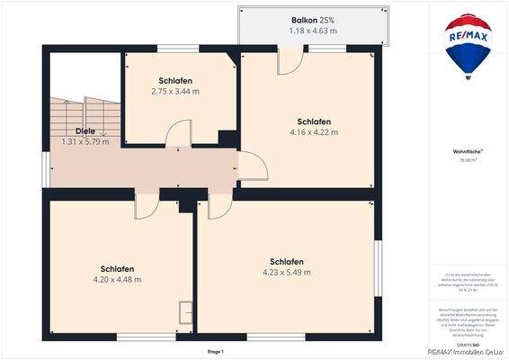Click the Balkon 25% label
click(x=313, y=20)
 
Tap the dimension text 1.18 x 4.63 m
click(x=313, y=31)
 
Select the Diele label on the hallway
click(x=85, y=130)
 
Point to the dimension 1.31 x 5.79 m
click(x=85, y=141)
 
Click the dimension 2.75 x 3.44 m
click(x=175, y=91)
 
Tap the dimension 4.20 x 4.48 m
click(x=118, y=279)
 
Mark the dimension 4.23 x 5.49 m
click(x=286, y=272)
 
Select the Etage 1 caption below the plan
click(x=215, y=351)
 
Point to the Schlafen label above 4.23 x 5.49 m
click(x=286, y=261)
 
